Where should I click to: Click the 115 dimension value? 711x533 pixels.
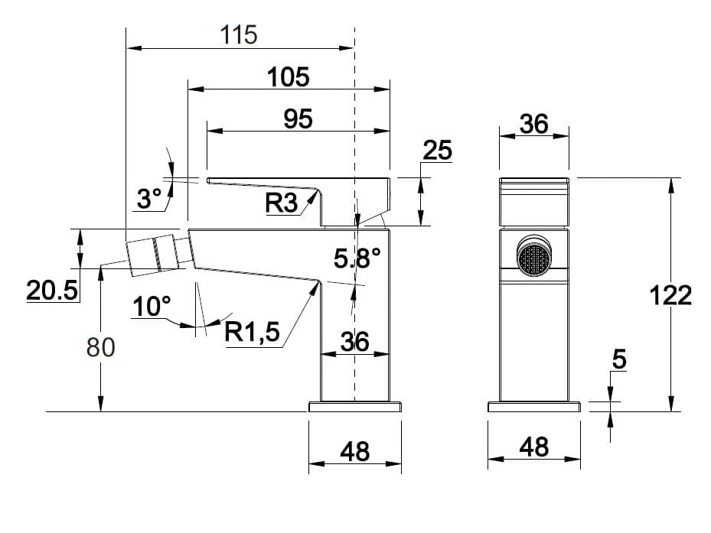239,34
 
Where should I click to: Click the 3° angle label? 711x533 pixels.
149,200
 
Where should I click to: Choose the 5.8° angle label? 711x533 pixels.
357,258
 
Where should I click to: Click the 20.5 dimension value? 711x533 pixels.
52,290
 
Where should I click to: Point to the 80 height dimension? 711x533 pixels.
100,347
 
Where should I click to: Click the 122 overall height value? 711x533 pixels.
670,295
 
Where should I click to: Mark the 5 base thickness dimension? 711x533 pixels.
619,358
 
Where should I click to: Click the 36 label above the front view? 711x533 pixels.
533,123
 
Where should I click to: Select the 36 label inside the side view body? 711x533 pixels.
354,342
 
